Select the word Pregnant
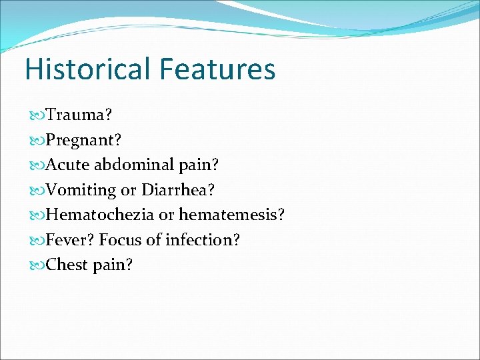83,141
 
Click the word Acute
69,165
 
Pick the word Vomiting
81,190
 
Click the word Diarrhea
178,190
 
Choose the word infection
201,239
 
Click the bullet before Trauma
37,115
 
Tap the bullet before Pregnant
37,141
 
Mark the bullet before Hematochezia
37,215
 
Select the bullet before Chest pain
37,265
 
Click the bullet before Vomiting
37,191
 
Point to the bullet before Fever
37,240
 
